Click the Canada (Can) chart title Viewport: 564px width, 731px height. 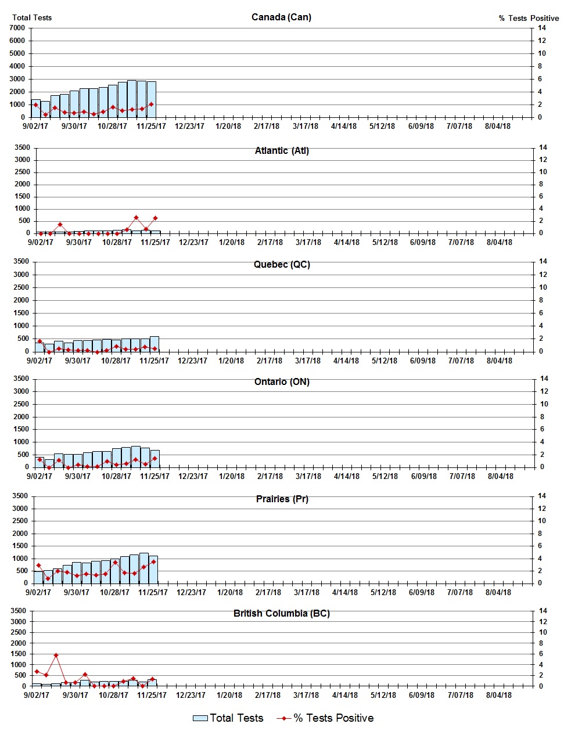(281, 17)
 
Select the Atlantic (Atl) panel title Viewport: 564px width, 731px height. (282, 150)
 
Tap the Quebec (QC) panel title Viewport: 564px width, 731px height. (282, 264)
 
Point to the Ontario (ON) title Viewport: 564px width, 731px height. (282, 381)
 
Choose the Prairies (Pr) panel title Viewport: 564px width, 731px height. (282, 499)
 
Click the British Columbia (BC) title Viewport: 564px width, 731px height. (282, 613)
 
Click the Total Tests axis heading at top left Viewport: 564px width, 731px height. (32, 17)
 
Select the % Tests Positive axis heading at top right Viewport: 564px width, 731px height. (529, 18)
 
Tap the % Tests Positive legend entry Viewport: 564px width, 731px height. (325, 718)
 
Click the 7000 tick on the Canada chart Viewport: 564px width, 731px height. (17, 28)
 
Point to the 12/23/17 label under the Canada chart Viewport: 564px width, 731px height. (189, 126)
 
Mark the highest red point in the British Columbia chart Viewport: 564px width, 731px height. (56, 655)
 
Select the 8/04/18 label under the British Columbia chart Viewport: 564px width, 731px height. (498, 695)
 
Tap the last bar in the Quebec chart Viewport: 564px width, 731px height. (155, 344)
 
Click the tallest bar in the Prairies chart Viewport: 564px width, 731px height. (143, 568)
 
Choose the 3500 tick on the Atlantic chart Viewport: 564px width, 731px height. (22, 147)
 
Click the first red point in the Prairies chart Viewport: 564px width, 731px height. (38, 565)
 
